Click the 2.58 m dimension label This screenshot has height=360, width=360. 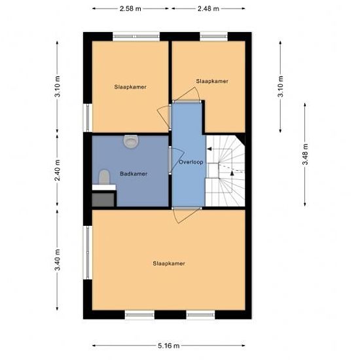pyautogui.click(x=130, y=9)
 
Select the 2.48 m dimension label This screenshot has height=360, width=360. pyautogui.click(x=208, y=9)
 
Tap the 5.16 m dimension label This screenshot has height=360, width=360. pyautogui.click(x=168, y=346)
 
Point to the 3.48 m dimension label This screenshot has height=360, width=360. pyautogui.click(x=305, y=154)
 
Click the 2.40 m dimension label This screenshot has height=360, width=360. pyautogui.click(x=58, y=170)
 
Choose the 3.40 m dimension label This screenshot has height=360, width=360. pyautogui.click(x=58, y=260)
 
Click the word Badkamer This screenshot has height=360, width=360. pyautogui.click(x=134, y=174)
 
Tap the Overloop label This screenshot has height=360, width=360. pyautogui.click(x=191, y=162)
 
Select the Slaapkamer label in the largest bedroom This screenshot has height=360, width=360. pyautogui.click(x=169, y=263)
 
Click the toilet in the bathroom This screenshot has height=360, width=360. pyautogui.click(x=104, y=177)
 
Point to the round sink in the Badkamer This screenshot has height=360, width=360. pyautogui.click(x=131, y=141)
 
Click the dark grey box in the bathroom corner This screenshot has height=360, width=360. pyautogui.click(x=103, y=200)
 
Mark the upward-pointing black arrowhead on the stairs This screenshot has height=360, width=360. pyautogui.click(x=232, y=173)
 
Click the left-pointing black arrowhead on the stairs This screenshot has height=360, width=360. pyautogui.click(x=209, y=149)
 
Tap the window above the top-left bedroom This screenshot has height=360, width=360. pyautogui.click(x=136, y=37)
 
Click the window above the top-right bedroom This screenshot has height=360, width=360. pyautogui.click(x=214, y=37)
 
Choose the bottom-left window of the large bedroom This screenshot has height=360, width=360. pyautogui.click(x=139, y=315)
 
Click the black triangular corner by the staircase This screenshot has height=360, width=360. pyautogui.click(x=242, y=138)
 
